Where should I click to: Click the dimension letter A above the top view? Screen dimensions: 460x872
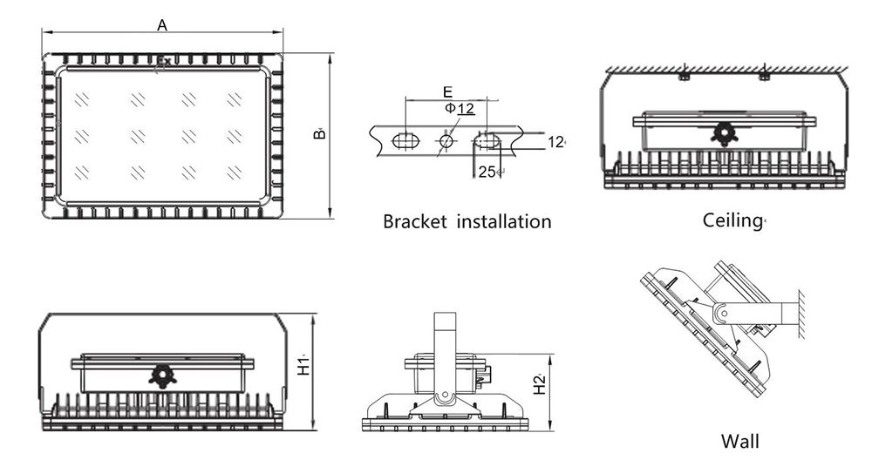[162, 25]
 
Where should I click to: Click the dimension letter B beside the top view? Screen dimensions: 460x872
[320, 133]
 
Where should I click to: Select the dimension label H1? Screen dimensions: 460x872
[303, 367]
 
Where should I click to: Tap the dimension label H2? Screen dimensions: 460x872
[540, 384]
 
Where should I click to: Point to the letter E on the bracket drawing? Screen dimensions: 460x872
[446, 91]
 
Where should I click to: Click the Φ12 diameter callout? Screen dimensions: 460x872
[460, 108]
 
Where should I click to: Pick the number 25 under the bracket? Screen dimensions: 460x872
[487, 172]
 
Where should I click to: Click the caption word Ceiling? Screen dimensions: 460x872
[732, 220]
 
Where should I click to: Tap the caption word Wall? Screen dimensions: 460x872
[739, 441]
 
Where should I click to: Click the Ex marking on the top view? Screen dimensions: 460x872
[163, 62]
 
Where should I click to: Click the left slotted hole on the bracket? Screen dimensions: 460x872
[405, 140]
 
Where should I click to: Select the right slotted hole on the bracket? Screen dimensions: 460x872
[487, 140]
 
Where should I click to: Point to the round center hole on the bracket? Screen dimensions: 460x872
[446, 140]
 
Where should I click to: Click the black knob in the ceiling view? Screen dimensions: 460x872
[722, 133]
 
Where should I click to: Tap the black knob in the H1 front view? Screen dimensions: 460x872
[162, 375]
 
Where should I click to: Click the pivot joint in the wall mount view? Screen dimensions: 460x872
[721, 312]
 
